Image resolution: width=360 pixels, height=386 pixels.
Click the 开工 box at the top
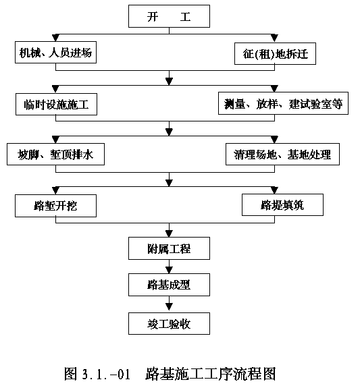coord(169,16)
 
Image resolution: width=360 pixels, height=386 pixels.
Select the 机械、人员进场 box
coord(55,52)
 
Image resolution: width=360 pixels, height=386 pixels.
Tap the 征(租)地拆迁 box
coord(275,54)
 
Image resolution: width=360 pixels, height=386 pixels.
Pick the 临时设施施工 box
coord(56,104)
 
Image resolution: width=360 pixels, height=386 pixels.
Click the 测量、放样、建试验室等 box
coord(283,103)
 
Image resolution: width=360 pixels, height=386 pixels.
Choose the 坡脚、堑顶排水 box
coord(55,154)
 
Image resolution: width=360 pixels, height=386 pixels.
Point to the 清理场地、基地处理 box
coord(282,154)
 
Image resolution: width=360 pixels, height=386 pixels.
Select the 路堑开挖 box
coord(55,206)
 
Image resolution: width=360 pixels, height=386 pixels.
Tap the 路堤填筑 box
coord(282,205)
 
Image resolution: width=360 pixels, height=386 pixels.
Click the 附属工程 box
coord(169,248)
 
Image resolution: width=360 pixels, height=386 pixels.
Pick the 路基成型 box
coord(169,285)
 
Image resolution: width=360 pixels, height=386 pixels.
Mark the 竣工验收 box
coord(169,323)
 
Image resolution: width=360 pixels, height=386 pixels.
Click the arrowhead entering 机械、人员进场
coord(55,38)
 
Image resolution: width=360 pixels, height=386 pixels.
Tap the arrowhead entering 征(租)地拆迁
coord(274,38)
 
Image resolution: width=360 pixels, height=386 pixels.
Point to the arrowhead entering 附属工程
coord(169,233)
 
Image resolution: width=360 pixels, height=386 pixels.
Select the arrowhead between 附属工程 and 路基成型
coord(169,270)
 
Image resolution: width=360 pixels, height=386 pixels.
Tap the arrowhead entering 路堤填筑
coord(274,190)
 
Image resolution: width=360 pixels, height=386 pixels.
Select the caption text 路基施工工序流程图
coord(211,374)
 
